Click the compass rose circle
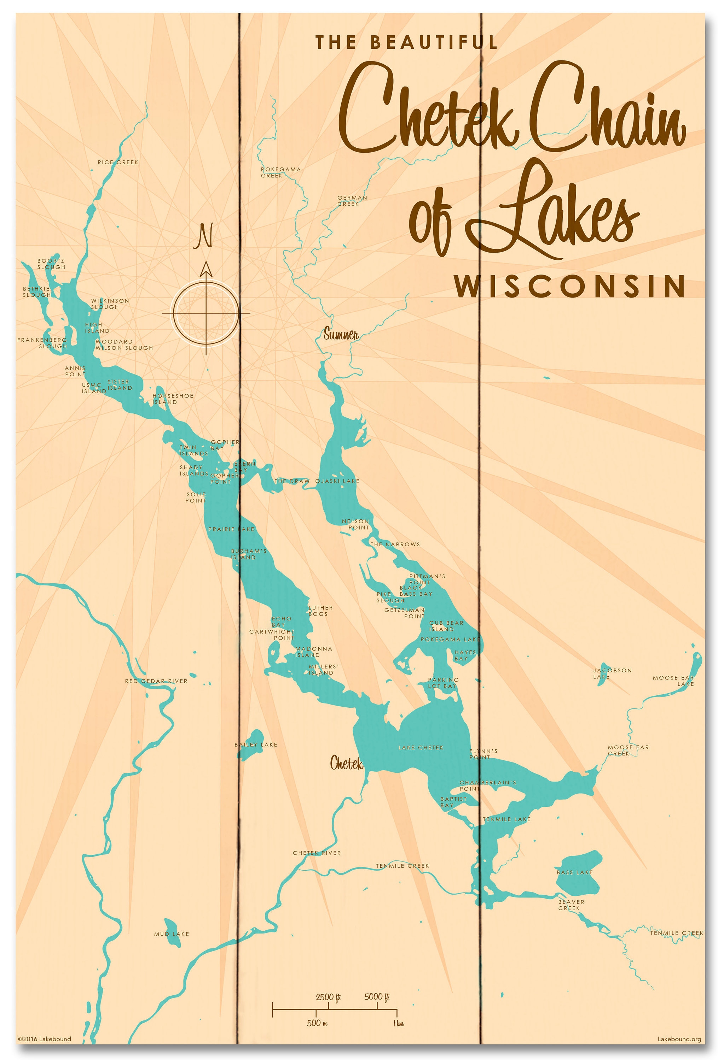tap(206, 313)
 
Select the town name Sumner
tap(341, 335)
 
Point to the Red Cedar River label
tap(156, 681)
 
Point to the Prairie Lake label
tap(231, 529)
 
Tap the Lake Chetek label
tap(421, 747)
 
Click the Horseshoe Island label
tap(173, 399)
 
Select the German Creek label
tap(352, 201)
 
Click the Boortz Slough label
tap(51, 264)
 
